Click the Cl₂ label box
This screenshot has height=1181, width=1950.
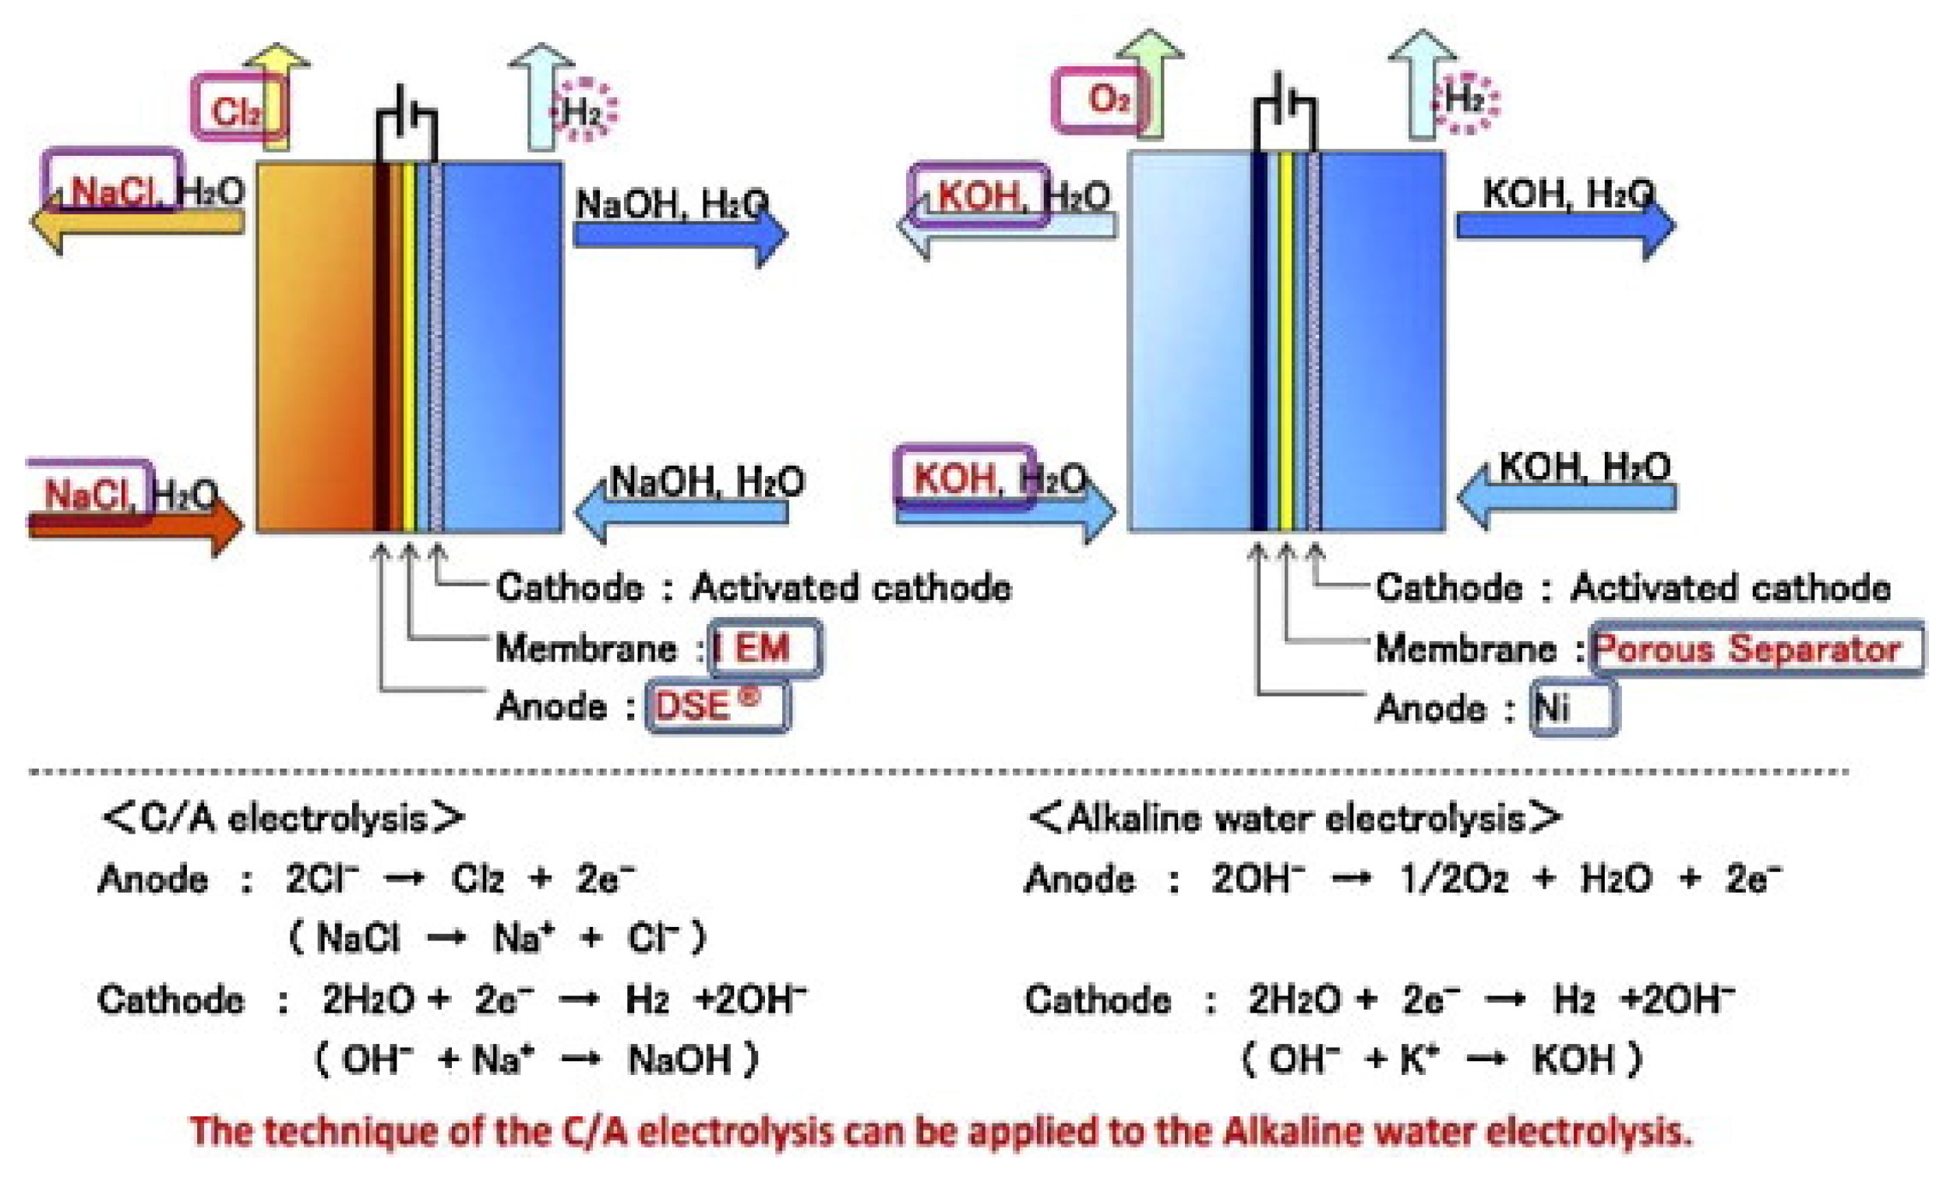pos(238,107)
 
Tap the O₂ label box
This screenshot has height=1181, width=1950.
pos(1100,99)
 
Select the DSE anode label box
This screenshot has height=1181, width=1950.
pos(717,704)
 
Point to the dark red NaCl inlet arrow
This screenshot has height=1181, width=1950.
pos(135,524)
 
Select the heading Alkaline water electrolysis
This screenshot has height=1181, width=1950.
pos(1294,818)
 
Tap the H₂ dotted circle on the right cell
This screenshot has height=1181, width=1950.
pos(1465,101)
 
